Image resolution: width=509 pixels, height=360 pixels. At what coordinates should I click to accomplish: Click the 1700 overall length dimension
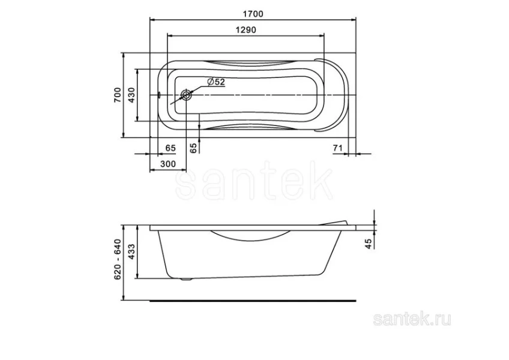point(254,13)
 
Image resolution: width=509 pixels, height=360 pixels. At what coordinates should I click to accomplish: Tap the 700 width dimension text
point(118,95)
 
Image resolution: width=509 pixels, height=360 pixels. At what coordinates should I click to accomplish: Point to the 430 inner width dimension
point(131,95)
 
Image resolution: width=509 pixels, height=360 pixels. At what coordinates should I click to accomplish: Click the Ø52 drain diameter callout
point(215,82)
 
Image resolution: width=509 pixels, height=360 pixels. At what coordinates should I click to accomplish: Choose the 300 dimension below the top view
point(167,164)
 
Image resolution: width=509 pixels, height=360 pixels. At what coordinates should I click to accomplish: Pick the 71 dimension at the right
point(337,148)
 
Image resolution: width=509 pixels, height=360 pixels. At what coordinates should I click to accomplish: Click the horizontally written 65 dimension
point(170,148)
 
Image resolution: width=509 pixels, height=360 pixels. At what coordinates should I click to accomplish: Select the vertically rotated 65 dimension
point(193,148)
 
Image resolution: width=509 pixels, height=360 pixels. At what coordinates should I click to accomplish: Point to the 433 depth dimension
point(132,253)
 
